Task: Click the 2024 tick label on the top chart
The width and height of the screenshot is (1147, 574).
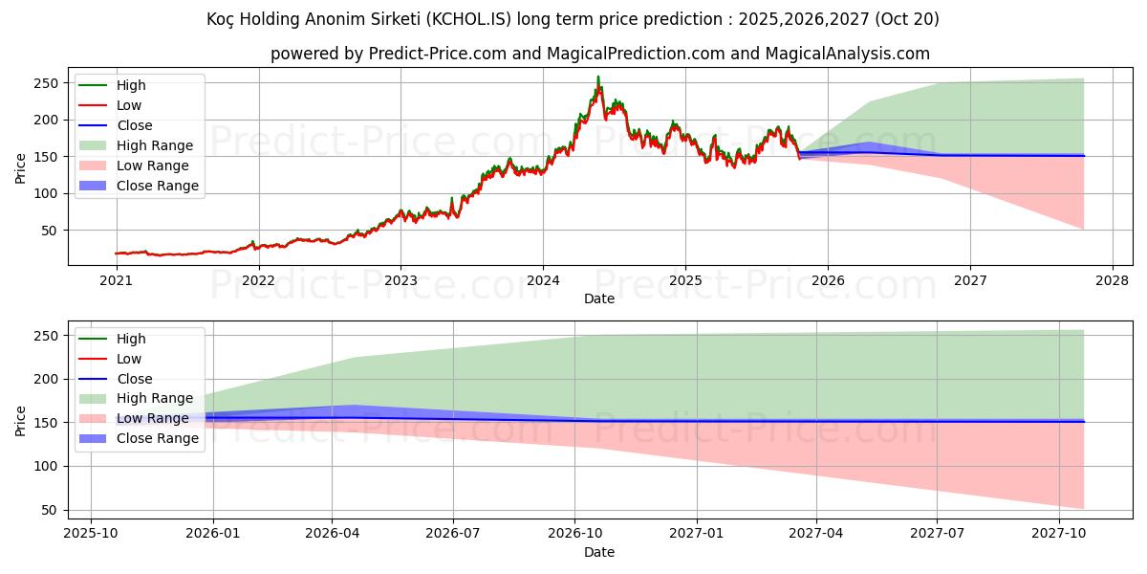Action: pos(543,280)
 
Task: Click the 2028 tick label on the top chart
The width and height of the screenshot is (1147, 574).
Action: pos(1113,280)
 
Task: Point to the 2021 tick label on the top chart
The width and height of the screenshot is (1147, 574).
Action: pos(116,280)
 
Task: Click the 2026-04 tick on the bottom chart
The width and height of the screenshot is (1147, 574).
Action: pos(332,533)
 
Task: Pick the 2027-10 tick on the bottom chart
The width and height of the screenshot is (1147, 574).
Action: pos(1058,533)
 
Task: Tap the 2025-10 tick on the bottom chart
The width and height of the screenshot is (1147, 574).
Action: pos(91,533)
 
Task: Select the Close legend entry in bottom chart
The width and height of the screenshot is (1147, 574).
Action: pos(135,379)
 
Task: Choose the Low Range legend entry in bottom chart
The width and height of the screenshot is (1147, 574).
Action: pos(153,418)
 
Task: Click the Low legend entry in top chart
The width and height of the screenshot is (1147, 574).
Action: pos(129,105)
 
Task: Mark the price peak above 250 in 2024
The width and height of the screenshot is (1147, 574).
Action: pos(598,77)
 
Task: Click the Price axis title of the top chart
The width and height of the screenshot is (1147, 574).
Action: pos(21,166)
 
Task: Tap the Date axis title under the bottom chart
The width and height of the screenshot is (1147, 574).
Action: pos(599,552)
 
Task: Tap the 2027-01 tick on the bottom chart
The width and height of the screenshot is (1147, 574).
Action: pos(696,533)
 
